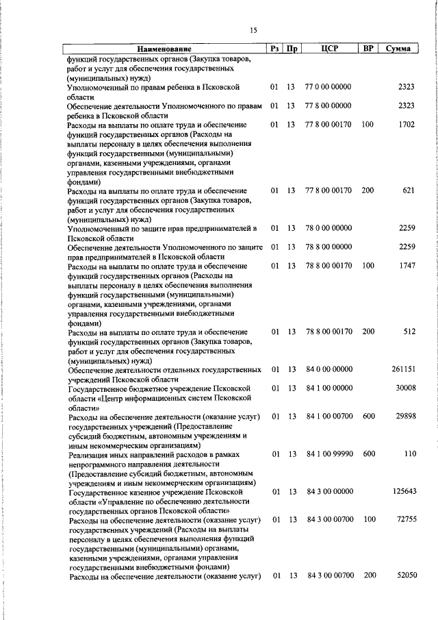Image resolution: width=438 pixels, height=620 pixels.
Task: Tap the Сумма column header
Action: click(398, 49)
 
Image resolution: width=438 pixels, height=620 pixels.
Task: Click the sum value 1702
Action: click(406, 125)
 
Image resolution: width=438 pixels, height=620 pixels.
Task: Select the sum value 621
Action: click(409, 190)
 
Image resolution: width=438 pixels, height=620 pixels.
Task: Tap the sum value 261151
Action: click(403, 369)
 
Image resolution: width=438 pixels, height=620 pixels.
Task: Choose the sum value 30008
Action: click(404, 388)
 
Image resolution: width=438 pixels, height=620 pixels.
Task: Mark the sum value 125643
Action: click(403, 491)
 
